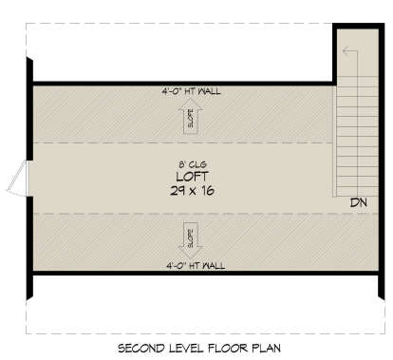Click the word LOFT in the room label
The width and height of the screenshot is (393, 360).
tap(193, 177)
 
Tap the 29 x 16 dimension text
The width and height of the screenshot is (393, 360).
tap(193, 191)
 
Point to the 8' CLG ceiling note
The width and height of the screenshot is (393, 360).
tap(193, 164)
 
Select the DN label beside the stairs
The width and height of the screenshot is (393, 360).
tap(359, 202)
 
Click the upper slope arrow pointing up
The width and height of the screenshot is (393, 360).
tap(191, 116)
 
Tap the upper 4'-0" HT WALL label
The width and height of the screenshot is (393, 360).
tap(191, 91)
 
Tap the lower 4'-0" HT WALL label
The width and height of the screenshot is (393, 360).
tap(196, 265)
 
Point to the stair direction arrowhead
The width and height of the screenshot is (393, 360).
tap(346, 50)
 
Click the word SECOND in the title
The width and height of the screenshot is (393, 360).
tap(141, 349)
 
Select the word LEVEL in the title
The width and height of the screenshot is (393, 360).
tap(185, 349)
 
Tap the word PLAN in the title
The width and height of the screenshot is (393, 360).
tap(267, 349)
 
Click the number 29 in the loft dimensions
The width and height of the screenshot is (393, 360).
tap(178, 191)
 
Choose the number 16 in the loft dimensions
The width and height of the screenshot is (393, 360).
tap(208, 191)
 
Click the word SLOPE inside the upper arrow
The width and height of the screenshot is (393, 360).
tap(191, 119)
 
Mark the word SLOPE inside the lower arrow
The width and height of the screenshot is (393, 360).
tap(191, 238)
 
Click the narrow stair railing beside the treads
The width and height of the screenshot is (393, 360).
tap(334, 142)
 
